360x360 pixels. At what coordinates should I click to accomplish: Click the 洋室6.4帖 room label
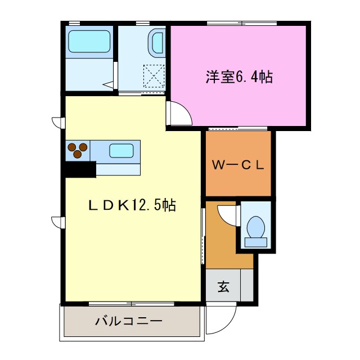238,78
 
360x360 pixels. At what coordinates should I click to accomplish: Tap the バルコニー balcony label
129,321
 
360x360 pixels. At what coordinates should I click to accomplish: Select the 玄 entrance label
223,287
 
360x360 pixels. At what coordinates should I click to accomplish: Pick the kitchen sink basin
121,150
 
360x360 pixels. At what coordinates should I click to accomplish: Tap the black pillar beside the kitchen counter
79,169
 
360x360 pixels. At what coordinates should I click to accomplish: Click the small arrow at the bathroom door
107,85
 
